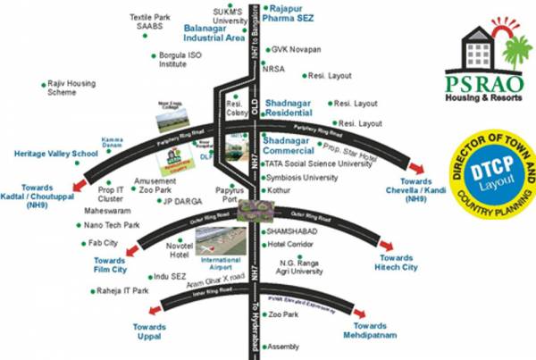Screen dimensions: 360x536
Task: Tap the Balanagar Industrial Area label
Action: tap(214, 33)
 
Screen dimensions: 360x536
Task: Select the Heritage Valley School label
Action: tap(55, 154)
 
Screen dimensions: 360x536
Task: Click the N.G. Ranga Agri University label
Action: tap(308, 266)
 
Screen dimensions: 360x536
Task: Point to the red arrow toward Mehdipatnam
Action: tap(358, 314)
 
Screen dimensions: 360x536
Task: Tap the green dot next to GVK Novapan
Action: tap(264, 50)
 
